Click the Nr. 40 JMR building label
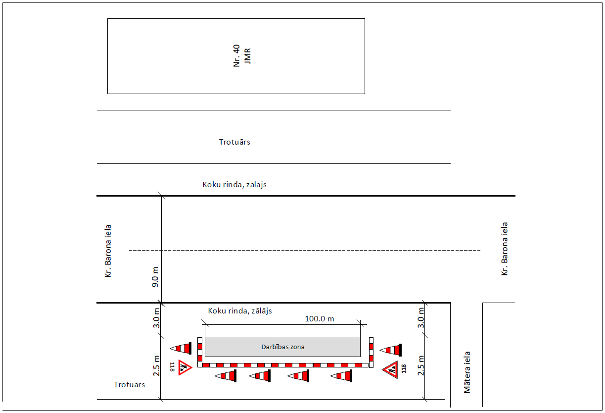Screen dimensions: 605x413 pos(242,56)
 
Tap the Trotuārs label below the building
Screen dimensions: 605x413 pos(234,142)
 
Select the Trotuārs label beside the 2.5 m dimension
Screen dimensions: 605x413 pos(129,385)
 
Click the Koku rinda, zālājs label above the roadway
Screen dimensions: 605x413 pos(234,185)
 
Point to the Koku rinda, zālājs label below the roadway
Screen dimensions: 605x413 pos(240,311)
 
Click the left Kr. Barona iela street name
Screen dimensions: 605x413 pos(108,251)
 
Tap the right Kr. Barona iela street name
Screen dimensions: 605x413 pos(504,249)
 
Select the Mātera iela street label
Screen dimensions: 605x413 pos(467,372)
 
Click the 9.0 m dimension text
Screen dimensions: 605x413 pos(155,277)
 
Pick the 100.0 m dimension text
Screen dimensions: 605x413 pos(320,319)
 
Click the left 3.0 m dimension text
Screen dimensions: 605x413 pos(156,318)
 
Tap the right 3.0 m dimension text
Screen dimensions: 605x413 pos(421,318)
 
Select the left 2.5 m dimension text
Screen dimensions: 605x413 pos(156,365)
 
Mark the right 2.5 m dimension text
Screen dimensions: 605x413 pos(421,365)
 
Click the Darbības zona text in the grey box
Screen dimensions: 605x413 pos(283,347)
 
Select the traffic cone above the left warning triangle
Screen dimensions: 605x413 pos(181,348)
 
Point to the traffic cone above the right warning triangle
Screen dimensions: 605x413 pos(391,350)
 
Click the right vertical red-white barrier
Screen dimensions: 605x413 pos(371,353)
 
